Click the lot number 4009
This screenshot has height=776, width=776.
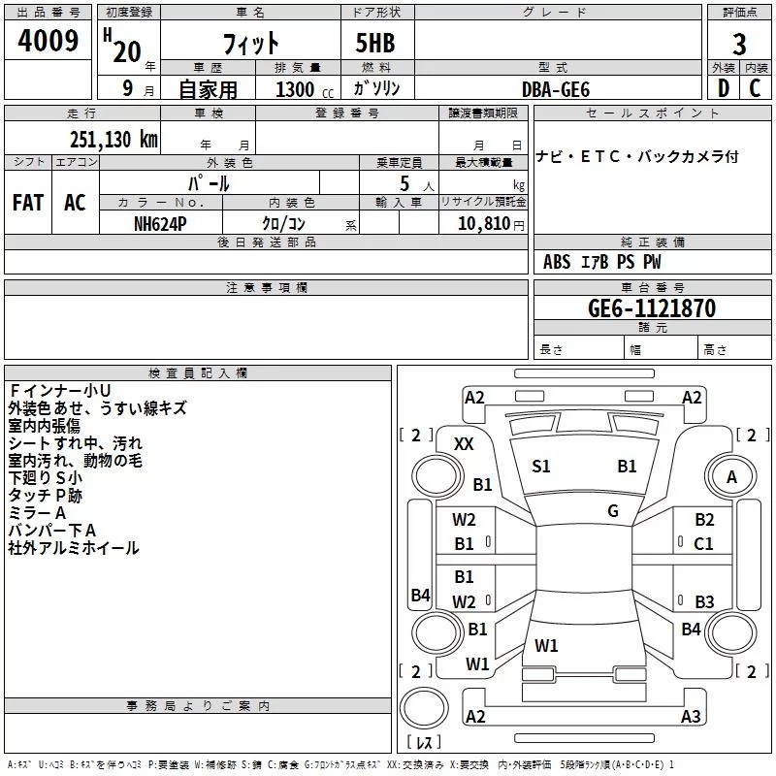(x=48, y=42)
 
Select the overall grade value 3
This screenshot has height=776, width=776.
(x=739, y=45)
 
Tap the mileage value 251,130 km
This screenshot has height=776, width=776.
(x=113, y=139)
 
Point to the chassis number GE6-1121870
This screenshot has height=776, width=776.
(x=652, y=308)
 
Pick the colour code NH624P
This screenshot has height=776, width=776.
(x=160, y=223)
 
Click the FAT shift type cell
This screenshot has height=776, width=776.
(x=27, y=202)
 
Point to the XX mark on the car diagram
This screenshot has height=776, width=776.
(x=464, y=443)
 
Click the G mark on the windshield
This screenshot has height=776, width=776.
(x=612, y=510)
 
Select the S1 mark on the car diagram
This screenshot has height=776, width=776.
(x=541, y=467)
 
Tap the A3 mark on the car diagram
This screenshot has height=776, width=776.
(x=691, y=717)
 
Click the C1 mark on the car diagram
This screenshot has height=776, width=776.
(x=704, y=543)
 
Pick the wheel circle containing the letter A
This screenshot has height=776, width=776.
(x=731, y=476)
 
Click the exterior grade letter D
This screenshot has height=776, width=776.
(x=723, y=88)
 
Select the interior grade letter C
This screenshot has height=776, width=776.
(x=755, y=88)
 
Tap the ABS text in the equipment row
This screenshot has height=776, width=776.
(x=557, y=262)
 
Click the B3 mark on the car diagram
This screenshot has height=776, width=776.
(x=704, y=601)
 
